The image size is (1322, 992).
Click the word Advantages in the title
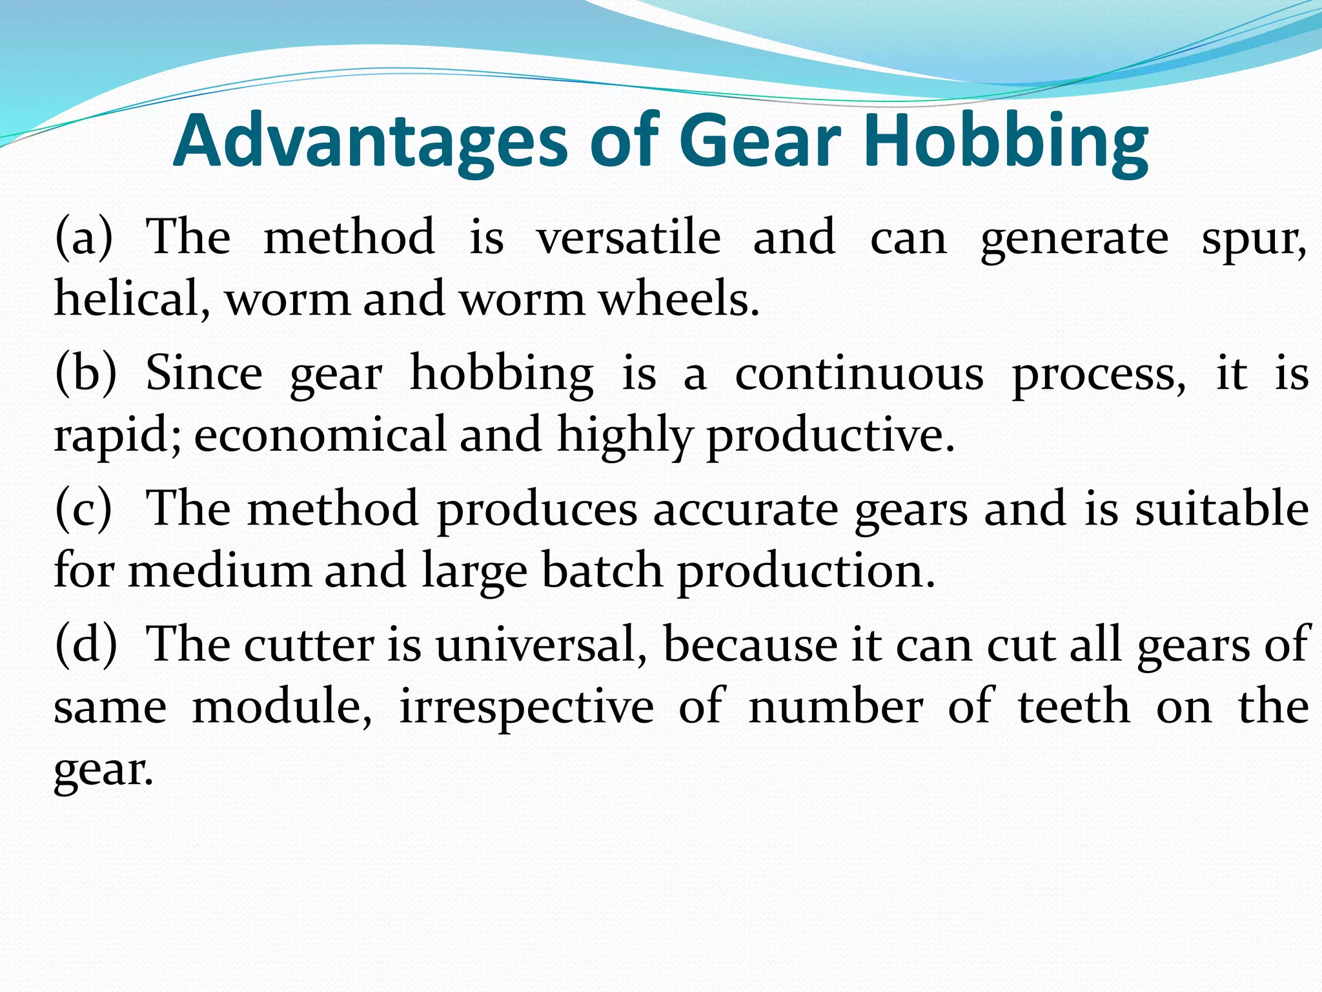coord(370,141)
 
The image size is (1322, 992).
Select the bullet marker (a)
coord(84,236)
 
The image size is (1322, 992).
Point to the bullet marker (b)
coord(85,373)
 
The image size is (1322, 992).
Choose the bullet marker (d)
coord(86,645)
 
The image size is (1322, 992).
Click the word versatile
coord(629,236)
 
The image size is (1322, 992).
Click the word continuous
coord(859,373)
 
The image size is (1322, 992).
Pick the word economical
coord(320,434)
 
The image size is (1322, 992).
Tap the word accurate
coord(746,509)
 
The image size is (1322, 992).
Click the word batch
coord(602,570)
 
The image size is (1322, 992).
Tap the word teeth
coord(1074,706)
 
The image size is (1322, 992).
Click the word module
coord(282,706)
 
